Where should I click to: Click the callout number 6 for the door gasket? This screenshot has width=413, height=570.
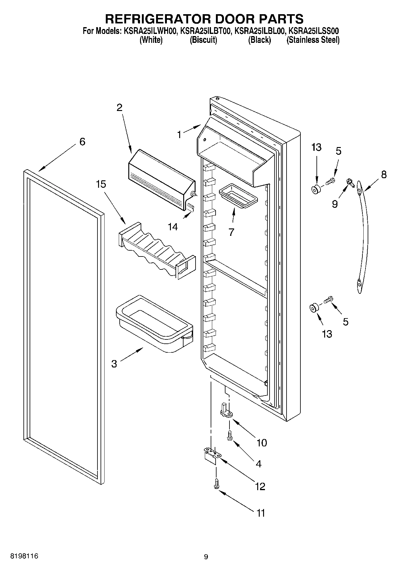pyautogui.click(x=82, y=142)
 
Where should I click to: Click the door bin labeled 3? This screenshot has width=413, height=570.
pyautogui.click(x=154, y=324)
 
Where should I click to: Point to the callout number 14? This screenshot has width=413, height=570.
pyautogui.click(x=173, y=227)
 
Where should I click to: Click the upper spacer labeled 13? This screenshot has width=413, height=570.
pyautogui.click(x=315, y=189)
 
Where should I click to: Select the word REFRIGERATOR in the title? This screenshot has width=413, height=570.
pyautogui.click(x=158, y=19)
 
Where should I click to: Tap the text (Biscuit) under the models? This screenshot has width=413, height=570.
pyautogui.click(x=203, y=40)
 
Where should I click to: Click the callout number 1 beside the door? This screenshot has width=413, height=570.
pyautogui.click(x=179, y=135)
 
